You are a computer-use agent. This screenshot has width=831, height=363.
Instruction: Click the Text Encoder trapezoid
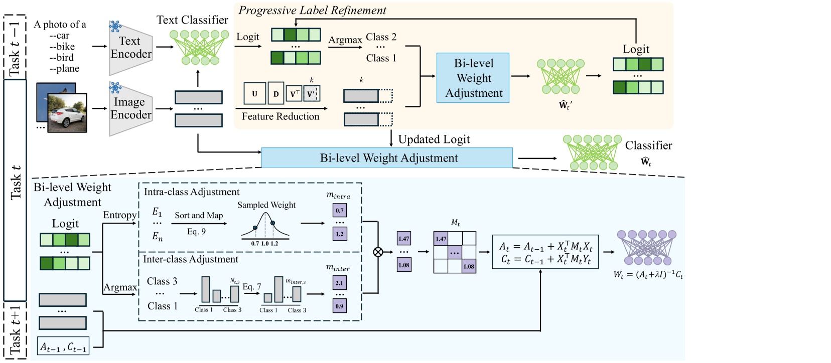point(130,48)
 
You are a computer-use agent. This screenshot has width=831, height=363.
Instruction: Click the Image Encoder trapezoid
point(130,109)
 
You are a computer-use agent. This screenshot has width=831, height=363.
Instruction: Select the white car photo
point(67,113)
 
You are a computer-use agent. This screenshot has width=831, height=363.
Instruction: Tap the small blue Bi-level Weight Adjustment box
point(473,78)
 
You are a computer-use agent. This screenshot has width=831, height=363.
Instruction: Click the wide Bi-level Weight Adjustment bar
point(387,158)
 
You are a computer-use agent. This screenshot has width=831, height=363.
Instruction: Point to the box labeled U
point(254,94)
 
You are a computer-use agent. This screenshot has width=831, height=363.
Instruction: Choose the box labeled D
point(275,94)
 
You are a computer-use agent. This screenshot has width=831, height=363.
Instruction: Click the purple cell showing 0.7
point(340,211)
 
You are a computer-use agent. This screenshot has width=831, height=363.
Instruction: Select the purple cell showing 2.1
point(340,283)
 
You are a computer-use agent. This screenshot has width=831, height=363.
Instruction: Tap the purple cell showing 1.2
point(340,234)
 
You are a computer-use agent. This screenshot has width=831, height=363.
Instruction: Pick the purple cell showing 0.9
point(340,306)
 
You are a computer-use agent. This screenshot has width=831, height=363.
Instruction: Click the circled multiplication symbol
point(378,252)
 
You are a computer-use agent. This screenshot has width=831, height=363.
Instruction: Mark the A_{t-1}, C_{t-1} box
point(63,346)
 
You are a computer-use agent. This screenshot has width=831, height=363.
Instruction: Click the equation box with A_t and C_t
point(545,252)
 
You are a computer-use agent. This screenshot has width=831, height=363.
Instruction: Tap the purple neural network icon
point(647,248)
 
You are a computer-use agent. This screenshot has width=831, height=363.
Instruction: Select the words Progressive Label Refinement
point(312,11)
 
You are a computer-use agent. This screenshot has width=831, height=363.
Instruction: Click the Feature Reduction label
point(280,116)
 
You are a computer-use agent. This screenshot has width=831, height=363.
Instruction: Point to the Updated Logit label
point(434,139)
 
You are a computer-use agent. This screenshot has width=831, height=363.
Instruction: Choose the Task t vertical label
point(16,183)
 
